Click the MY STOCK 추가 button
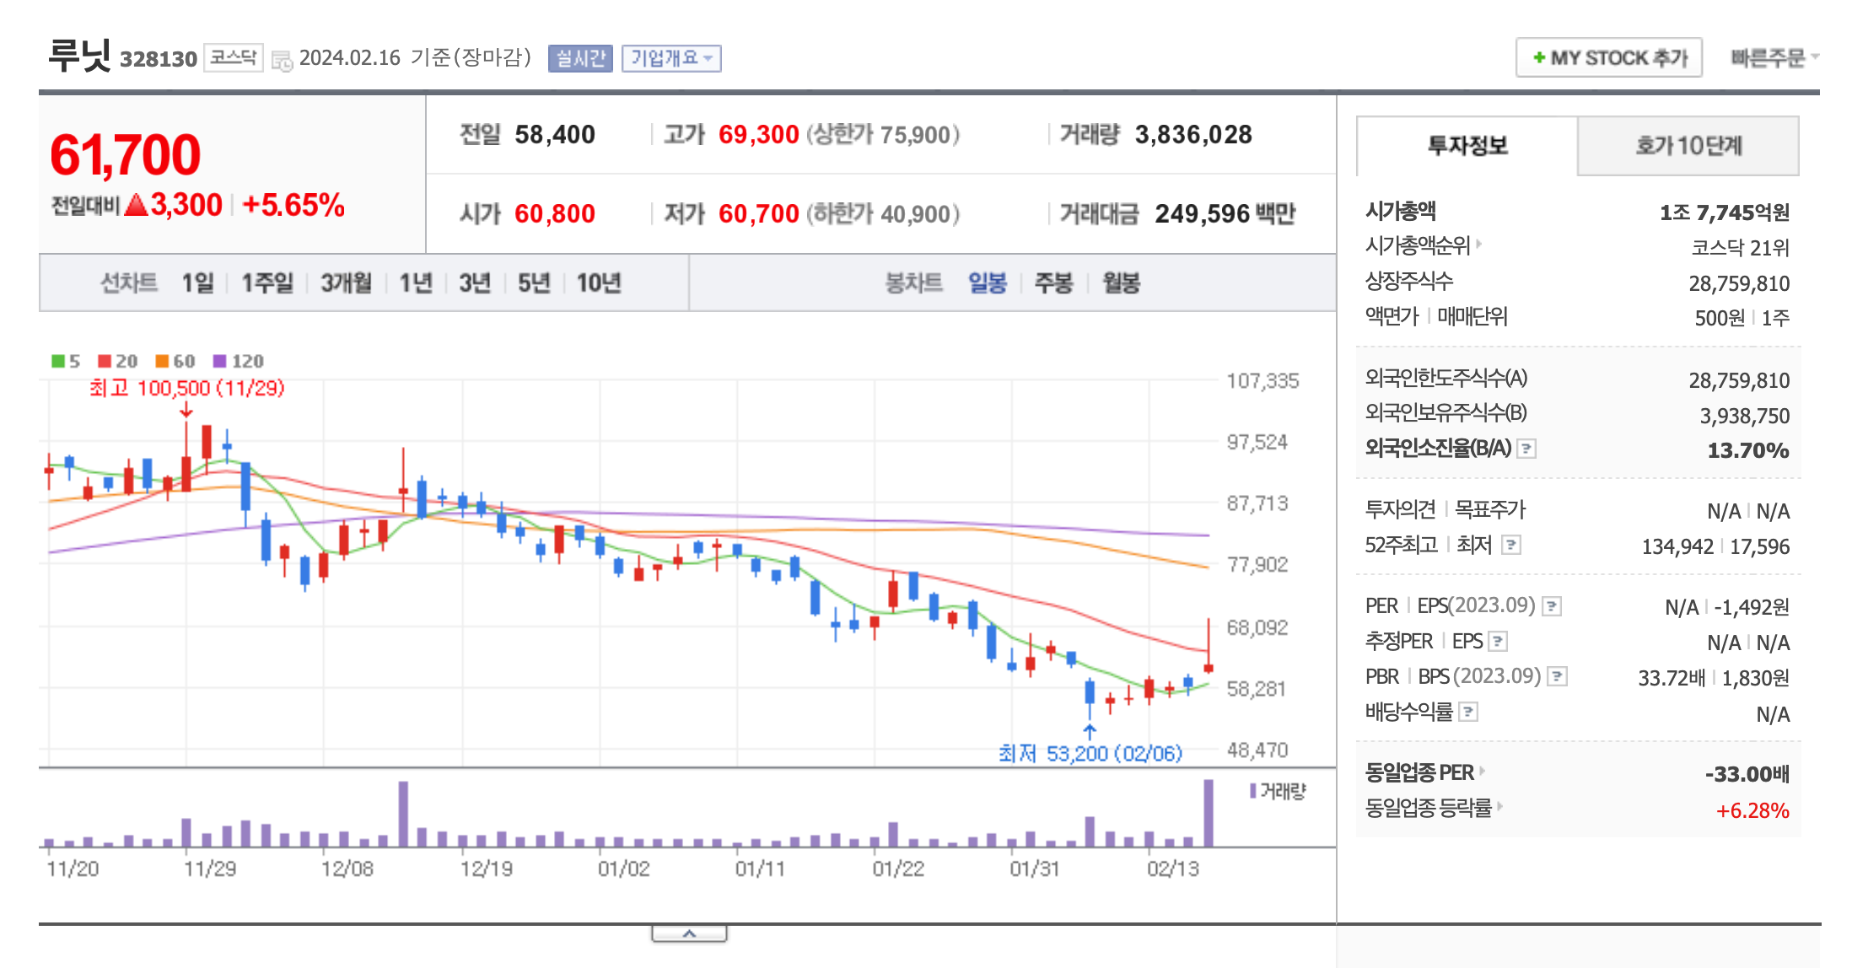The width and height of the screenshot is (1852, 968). [x=1608, y=57]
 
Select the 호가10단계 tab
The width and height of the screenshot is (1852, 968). [x=1688, y=146]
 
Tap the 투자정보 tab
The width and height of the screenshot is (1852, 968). [x=1467, y=146]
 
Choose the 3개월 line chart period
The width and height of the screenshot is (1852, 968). [x=346, y=283]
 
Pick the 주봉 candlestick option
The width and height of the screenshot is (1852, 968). [x=1053, y=283]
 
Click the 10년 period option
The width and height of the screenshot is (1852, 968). [x=599, y=283]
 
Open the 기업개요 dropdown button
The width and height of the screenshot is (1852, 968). [x=671, y=58]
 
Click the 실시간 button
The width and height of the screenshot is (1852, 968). [x=580, y=58]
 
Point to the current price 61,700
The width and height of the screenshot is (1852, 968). [x=126, y=155]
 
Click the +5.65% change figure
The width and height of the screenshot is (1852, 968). [x=293, y=205]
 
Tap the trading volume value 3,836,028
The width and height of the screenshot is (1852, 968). [x=1193, y=135]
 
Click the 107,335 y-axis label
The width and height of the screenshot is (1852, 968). [x=1262, y=381]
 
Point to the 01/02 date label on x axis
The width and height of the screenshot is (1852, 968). [x=624, y=869]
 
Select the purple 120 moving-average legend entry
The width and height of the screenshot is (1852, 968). [x=239, y=361]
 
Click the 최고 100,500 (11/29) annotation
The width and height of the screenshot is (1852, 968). [x=187, y=388]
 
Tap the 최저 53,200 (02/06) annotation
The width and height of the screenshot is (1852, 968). [x=1090, y=753]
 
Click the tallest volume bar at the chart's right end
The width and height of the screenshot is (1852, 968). [x=1209, y=813]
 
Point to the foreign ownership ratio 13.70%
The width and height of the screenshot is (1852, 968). [x=1747, y=450]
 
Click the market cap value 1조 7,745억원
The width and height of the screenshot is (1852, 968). [x=1724, y=212]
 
